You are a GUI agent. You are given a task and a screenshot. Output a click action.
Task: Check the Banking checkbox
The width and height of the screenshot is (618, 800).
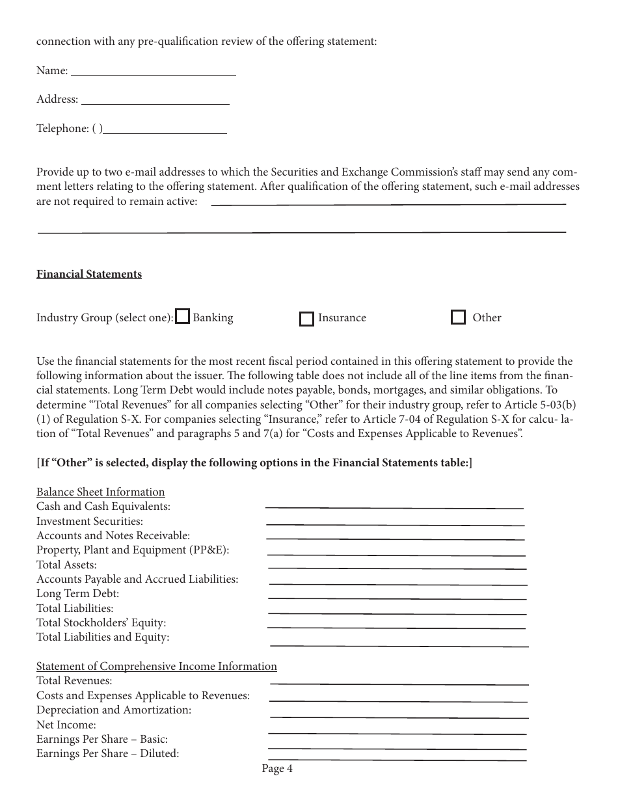point(183,317)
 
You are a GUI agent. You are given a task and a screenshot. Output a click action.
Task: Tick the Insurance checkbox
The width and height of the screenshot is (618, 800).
point(306,319)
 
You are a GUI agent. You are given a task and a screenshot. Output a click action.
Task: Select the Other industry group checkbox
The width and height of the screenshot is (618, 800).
point(458,317)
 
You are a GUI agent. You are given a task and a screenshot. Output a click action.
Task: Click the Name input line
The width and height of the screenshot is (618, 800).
point(153,72)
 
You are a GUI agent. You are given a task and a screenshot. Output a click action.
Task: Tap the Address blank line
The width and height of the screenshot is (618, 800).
point(155,100)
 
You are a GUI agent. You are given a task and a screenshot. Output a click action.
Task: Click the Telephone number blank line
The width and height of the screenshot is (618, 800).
point(165,129)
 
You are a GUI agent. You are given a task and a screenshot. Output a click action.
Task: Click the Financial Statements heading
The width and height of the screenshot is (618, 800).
point(89,274)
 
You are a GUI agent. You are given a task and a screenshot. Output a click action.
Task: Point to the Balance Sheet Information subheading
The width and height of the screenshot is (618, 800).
point(101,492)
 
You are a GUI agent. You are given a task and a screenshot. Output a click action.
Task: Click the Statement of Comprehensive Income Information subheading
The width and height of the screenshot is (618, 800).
point(157,666)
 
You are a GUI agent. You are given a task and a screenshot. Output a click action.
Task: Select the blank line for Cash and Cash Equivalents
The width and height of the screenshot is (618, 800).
point(394,504)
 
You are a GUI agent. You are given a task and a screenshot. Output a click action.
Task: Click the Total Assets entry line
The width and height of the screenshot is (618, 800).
point(397,565)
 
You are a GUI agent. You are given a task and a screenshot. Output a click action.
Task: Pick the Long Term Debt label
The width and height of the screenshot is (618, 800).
point(78,593)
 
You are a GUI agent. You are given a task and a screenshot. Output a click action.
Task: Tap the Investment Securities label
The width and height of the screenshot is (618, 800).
point(90,521)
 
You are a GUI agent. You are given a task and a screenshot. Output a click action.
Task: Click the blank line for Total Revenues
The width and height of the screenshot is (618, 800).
point(399,681)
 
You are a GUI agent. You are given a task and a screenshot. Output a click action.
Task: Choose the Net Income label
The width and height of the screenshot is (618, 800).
point(66,725)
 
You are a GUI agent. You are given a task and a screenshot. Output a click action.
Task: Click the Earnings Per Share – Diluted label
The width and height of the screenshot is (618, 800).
point(108,754)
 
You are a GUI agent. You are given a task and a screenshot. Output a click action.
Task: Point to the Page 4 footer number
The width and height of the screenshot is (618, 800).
point(277,769)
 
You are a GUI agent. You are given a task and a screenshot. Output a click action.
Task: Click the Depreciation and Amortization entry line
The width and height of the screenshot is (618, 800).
point(399,713)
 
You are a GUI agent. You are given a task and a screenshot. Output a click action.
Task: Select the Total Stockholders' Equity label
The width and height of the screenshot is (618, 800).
point(101,622)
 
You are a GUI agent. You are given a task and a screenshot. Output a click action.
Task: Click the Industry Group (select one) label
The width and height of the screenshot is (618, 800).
point(105,318)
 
